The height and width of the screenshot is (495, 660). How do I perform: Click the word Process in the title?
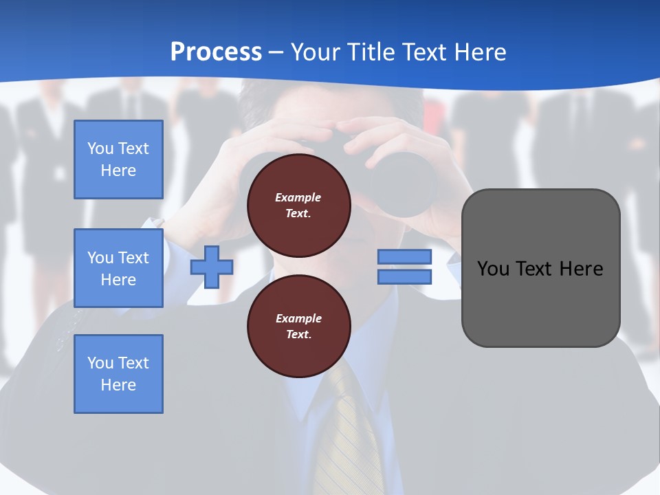[216, 52]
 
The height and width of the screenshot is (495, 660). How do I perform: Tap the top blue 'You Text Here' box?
[118, 159]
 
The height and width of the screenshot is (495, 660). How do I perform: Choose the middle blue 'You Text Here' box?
[118, 268]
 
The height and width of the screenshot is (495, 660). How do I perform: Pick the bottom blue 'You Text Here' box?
[118, 374]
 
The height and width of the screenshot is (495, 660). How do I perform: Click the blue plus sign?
[212, 267]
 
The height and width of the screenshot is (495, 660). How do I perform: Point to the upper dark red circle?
[298, 206]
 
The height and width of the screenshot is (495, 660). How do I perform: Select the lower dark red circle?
[298, 327]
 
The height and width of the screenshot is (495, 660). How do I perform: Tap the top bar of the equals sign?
[404, 256]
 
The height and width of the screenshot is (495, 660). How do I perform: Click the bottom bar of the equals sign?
[404, 276]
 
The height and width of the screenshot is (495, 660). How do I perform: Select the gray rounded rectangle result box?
[540, 268]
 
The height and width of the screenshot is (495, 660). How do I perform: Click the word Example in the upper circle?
[298, 197]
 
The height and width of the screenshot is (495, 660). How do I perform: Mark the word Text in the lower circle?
[298, 335]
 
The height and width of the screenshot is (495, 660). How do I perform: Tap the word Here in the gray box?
[582, 269]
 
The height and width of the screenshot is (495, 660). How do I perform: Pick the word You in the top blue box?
[100, 148]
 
